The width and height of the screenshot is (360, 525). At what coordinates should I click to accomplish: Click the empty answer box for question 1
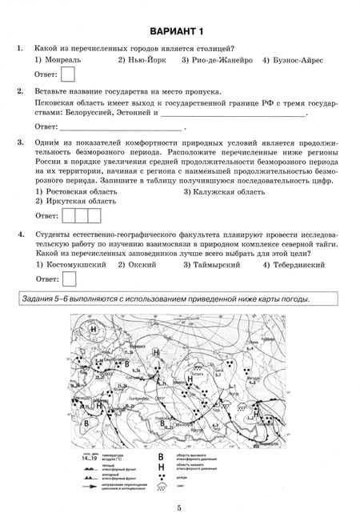pos(70,75)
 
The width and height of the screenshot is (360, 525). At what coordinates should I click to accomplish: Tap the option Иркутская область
pos(76,202)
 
